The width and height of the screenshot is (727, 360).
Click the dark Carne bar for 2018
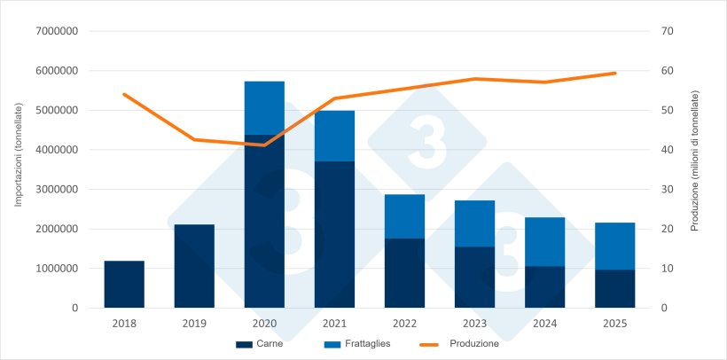click(124, 284)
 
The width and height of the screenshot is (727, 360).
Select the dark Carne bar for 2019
click(194, 266)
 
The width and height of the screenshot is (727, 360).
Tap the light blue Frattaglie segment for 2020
click(264, 108)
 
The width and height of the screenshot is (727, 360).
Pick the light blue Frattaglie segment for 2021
click(334, 136)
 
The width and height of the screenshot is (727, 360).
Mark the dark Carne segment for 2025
click(615, 288)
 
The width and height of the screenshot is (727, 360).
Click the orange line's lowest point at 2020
click(264, 145)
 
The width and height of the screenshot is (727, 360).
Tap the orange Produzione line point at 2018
click(124, 94)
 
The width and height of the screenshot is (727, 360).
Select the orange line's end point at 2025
click(615, 73)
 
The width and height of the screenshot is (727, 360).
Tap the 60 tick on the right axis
click(668, 71)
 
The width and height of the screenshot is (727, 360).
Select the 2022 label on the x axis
click(404, 324)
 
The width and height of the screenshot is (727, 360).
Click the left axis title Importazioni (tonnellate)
click(17, 149)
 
